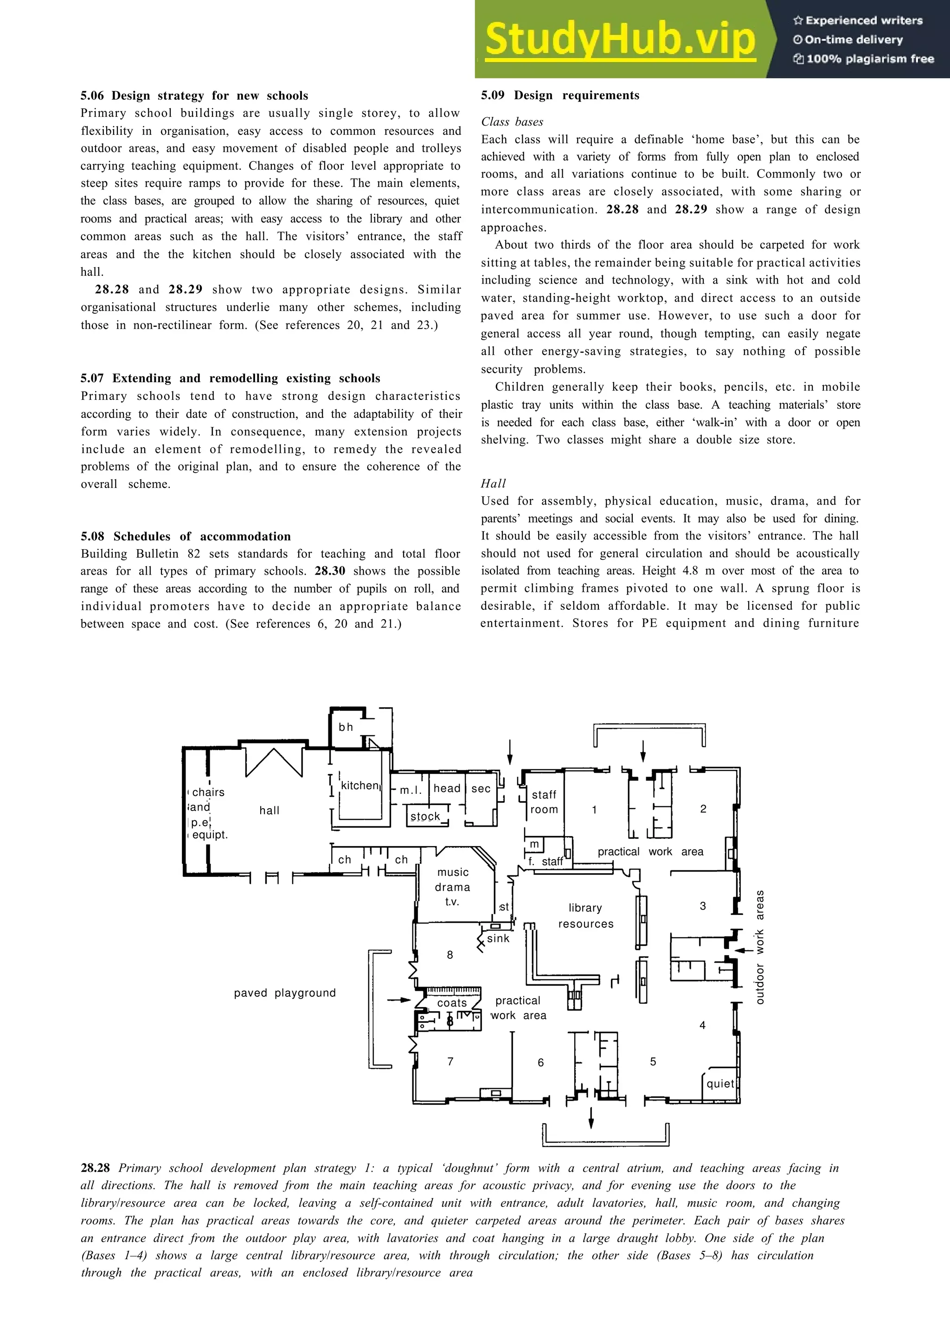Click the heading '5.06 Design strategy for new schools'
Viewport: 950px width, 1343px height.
point(194,95)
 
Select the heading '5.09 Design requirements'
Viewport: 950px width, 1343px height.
point(560,95)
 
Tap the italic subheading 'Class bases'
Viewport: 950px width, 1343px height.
point(512,122)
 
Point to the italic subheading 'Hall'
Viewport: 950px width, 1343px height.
point(494,483)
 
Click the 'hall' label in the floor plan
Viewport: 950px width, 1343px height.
point(269,810)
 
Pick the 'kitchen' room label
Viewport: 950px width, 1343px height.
point(360,786)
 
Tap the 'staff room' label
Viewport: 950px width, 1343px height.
point(544,802)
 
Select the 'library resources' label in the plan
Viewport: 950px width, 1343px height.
point(585,915)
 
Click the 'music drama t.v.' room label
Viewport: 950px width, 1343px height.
point(452,887)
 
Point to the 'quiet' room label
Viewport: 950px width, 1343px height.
point(720,1083)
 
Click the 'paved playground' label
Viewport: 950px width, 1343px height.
point(285,993)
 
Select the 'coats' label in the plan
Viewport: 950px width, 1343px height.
point(452,1002)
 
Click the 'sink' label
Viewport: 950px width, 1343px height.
point(498,938)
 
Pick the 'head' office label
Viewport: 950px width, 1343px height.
point(447,788)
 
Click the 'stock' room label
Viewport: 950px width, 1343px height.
point(425,816)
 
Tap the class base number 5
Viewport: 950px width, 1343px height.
point(653,1062)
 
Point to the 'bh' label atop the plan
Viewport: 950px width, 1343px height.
point(346,727)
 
